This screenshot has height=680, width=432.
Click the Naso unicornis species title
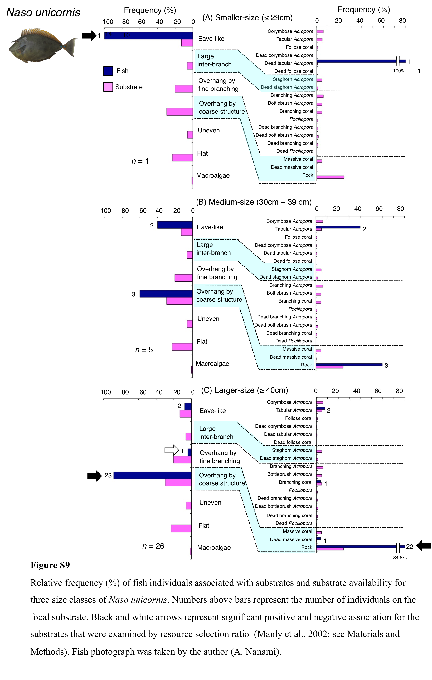43,12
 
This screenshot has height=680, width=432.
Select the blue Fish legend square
108,71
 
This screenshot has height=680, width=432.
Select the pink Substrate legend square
108,87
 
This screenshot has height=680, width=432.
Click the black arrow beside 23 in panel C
94,476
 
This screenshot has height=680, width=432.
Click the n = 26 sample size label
153,546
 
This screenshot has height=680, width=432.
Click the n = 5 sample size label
144,350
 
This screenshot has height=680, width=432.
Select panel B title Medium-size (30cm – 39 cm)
254,202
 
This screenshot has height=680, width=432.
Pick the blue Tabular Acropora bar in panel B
338,227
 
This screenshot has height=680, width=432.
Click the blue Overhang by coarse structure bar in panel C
153,475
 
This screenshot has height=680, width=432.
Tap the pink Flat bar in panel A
182,158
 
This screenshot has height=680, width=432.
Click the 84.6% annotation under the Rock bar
400,558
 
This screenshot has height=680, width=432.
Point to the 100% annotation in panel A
399,71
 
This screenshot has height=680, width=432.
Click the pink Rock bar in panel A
330,177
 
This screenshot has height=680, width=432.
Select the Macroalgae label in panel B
212,363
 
